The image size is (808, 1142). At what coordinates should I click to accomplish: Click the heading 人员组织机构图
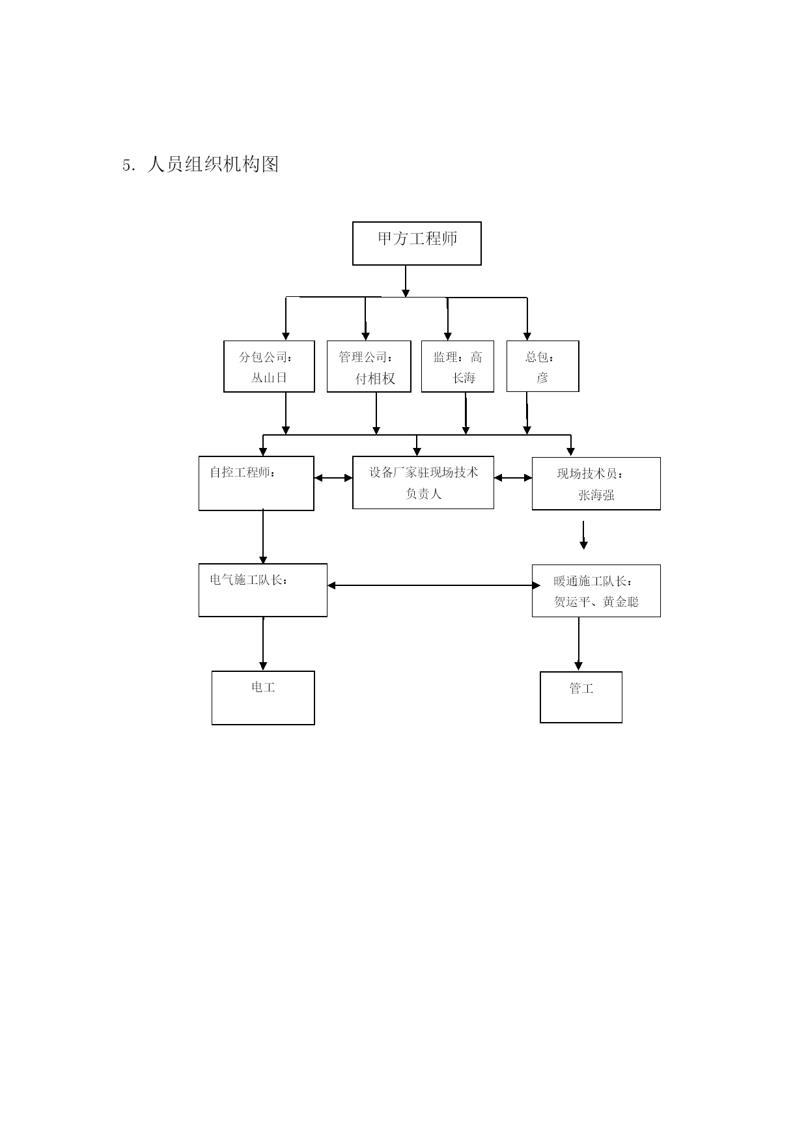(213, 164)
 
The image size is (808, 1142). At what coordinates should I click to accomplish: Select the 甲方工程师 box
(417, 244)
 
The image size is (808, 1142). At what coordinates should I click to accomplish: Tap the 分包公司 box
(269, 367)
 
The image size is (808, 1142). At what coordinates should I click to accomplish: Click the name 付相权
(375, 379)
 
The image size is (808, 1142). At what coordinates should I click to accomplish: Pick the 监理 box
(458, 367)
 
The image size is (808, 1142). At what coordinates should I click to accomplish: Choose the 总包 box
(543, 367)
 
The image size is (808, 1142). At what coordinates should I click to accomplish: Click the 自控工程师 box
(257, 483)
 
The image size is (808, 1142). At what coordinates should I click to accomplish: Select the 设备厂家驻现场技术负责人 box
(423, 482)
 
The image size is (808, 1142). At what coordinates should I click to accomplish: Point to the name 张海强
(596, 495)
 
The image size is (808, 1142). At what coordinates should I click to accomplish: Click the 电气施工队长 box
(263, 591)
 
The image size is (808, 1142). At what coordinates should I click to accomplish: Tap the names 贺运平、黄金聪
(596, 602)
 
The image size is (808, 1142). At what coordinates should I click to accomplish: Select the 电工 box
(263, 698)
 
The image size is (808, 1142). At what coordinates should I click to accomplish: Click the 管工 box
(581, 697)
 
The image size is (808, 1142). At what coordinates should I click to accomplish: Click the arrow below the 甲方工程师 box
(406, 281)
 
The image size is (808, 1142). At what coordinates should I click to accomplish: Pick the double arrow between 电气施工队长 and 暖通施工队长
(434, 585)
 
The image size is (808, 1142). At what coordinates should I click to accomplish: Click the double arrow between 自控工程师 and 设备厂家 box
(333, 478)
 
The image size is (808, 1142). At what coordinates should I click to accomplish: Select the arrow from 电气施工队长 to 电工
(263, 644)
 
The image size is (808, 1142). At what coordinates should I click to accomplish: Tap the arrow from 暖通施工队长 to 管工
(579, 644)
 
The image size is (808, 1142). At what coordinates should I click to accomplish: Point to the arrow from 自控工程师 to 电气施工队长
(263, 537)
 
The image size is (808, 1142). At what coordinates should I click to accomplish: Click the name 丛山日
(269, 378)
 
